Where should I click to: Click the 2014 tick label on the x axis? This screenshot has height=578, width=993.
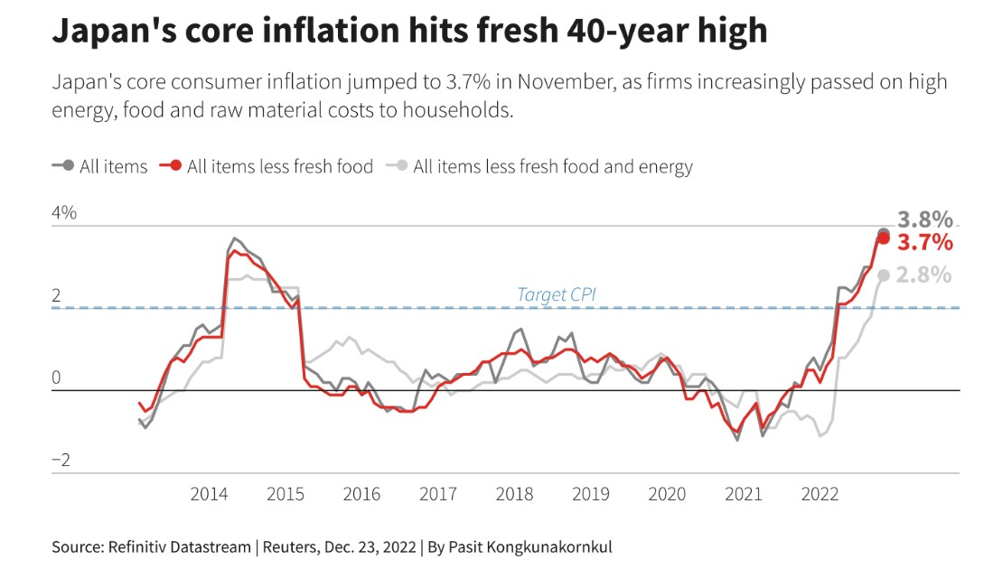tap(209, 494)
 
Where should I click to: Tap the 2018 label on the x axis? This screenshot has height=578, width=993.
tap(514, 494)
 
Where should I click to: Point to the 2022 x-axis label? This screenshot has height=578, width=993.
tap(820, 494)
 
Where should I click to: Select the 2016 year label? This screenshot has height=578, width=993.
tap(361, 494)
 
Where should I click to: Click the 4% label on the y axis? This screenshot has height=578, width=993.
tap(65, 214)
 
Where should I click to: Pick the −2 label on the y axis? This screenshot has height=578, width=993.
tap(61, 461)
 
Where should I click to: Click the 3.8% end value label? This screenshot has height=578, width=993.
tap(924, 220)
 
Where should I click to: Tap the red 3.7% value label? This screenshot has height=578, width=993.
tap(924, 242)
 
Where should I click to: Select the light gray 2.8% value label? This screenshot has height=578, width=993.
tap(923, 275)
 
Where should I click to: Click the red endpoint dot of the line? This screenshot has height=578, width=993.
tap(884, 238)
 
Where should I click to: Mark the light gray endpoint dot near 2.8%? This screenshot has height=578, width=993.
tap(884, 275)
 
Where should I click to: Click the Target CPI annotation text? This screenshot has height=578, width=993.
tap(556, 294)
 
